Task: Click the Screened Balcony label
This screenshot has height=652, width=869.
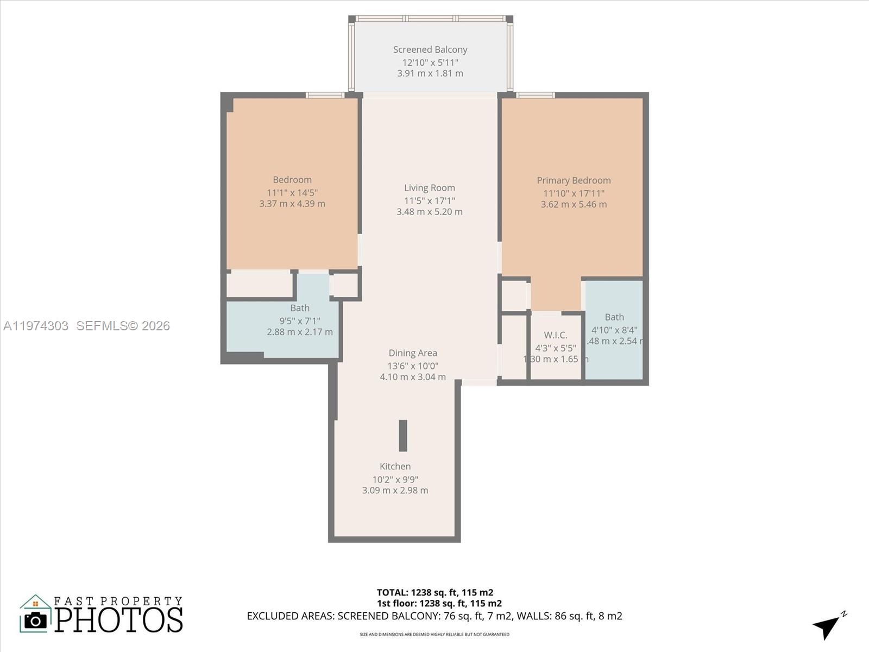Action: click(x=430, y=49)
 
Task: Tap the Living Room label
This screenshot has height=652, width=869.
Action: click(x=430, y=188)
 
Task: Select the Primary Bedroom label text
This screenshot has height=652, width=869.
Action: click(x=574, y=180)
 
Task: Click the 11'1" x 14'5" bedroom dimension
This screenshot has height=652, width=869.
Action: click(x=292, y=193)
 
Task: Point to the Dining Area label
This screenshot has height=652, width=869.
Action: click(x=413, y=353)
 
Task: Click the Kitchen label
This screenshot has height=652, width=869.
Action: click(x=395, y=466)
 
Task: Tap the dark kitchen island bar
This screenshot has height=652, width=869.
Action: click(x=403, y=435)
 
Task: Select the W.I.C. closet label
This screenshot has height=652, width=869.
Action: click(x=555, y=335)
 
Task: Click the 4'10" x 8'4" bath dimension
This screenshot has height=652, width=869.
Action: click(x=614, y=330)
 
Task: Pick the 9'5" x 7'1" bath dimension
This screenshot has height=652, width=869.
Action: click(x=300, y=321)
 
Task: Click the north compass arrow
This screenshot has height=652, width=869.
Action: click(x=827, y=626)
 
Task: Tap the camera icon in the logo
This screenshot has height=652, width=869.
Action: click(x=36, y=620)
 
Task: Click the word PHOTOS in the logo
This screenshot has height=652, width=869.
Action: click(x=118, y=620)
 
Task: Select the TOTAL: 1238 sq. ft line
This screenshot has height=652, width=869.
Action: click(x=435, y=593)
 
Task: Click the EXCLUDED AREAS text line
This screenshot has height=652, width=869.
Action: click(x=434, y=616)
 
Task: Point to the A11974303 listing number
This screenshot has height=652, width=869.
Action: click(x=36, y=325)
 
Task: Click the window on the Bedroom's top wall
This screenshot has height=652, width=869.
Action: click(x=325, y=95)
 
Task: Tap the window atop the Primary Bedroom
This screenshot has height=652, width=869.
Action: click(x=535, y=95)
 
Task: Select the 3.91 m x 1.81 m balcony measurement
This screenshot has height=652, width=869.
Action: click(x=430, y=73)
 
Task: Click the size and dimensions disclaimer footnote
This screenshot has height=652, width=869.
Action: click(x=434, y=634)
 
